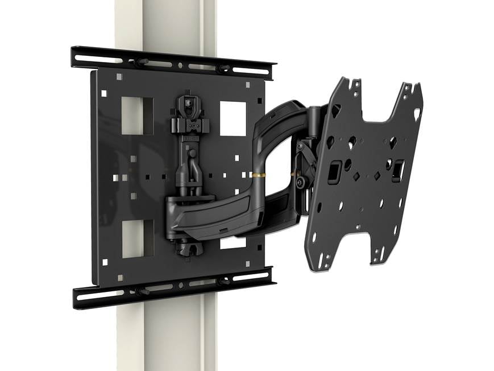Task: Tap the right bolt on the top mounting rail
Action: tap(223, 68)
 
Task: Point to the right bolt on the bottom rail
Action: tap(223, 281)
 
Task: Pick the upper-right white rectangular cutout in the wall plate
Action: tap(233, 118)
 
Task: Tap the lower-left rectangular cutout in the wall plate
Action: tap(137, 238)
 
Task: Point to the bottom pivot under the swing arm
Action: tap(188, 248)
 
